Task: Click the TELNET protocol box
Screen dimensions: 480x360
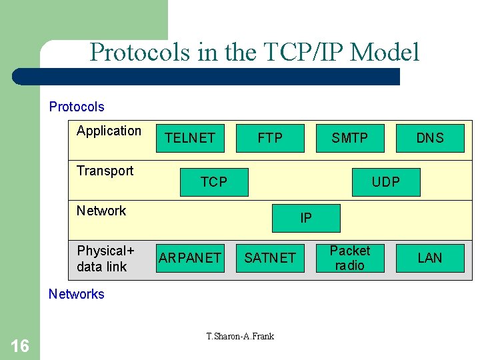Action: tap(190, 138)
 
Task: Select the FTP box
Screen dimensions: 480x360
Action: tap(270, 138)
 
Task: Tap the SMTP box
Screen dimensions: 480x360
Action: tap(350, 138)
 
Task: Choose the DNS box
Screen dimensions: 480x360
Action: tap(430, 138)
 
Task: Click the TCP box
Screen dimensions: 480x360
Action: tap(214, 182)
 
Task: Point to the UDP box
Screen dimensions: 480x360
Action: tap(386, 182)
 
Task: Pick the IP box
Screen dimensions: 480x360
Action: tap(306, 218)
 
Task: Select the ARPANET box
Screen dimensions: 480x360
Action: tap(190, 258)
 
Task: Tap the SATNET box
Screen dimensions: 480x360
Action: tap(270, 258)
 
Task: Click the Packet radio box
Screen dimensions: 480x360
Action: tap(350, 258)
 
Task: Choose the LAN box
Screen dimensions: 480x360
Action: tap(430, 258)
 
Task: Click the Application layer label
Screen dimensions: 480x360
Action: tap(109, 131)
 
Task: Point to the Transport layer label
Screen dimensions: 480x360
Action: tap(105, 171)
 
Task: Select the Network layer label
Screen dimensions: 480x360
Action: tap(101, 211)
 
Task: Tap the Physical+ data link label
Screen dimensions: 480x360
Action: tap(105, 259)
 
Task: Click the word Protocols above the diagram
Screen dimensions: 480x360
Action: tap(77, 107)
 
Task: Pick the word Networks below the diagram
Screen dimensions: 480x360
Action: tap(77, 294)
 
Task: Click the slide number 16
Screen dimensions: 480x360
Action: tap(20, 345)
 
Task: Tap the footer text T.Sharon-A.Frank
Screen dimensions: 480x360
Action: tap(240, 336)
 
